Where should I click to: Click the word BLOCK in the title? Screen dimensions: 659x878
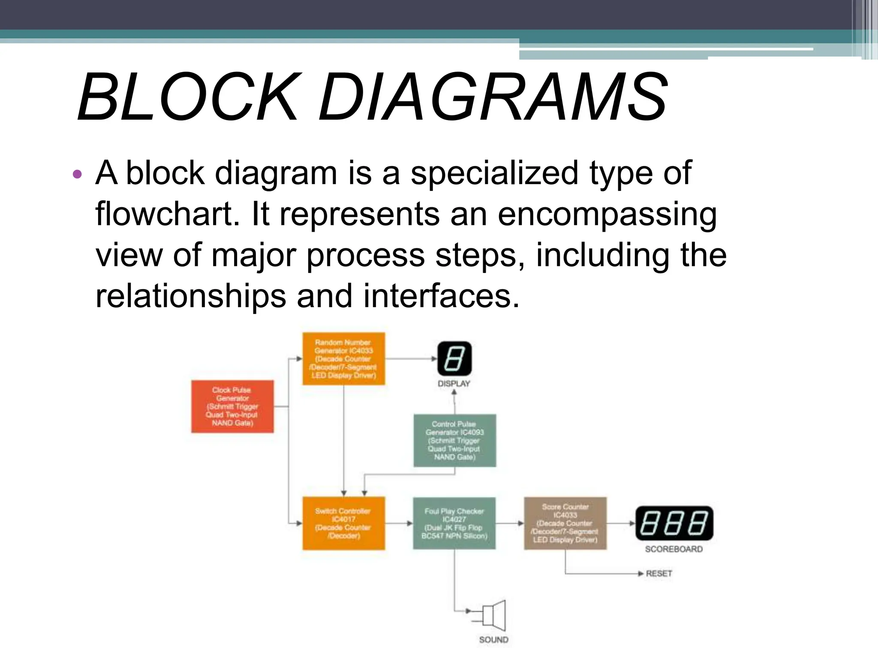187,97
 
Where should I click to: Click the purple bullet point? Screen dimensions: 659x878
77,174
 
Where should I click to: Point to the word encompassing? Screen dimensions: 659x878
607,215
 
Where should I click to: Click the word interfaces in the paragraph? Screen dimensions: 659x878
441,296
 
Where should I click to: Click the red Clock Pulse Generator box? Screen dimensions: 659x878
232,406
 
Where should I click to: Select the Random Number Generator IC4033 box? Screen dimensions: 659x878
343,359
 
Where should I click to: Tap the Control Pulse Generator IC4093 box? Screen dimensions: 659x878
454,440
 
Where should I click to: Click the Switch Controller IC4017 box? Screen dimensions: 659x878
343,523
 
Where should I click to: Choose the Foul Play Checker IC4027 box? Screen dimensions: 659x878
454,523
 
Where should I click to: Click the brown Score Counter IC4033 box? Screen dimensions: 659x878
565,523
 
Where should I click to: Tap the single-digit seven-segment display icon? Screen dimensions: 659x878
454,359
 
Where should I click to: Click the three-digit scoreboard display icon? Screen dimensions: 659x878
674,523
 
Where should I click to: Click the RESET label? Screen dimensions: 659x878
659,573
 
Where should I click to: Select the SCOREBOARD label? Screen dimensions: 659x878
674,549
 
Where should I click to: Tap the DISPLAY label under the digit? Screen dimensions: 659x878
454,384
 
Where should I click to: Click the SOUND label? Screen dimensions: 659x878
494,640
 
